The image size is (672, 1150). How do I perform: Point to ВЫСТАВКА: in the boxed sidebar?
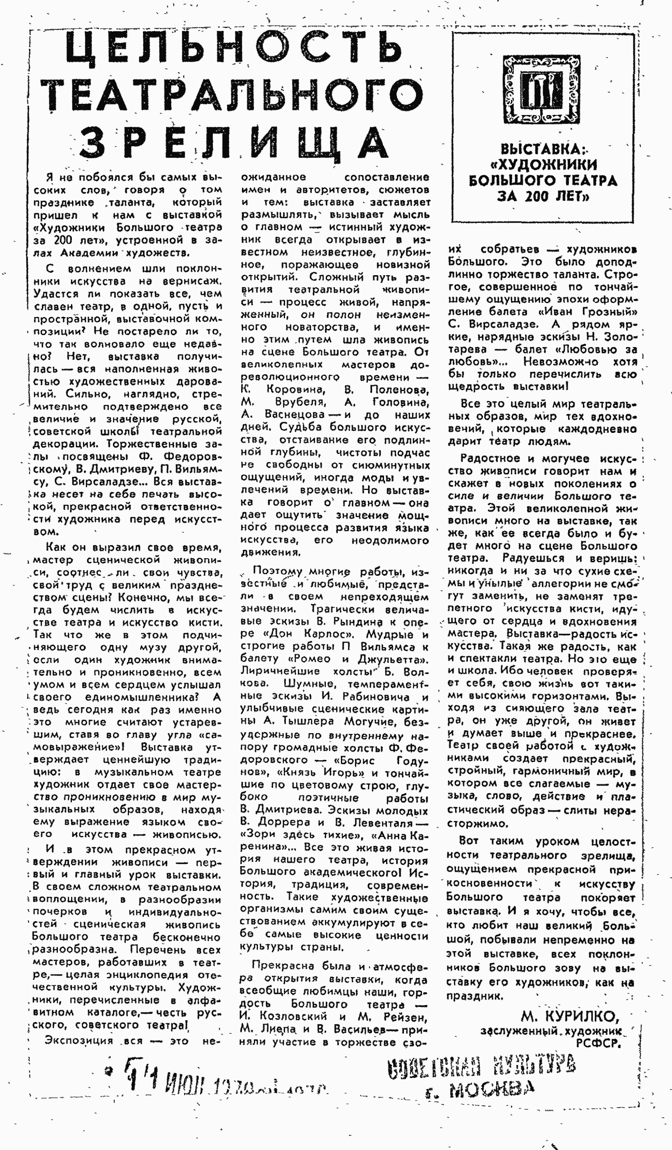[x=541, y=149]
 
